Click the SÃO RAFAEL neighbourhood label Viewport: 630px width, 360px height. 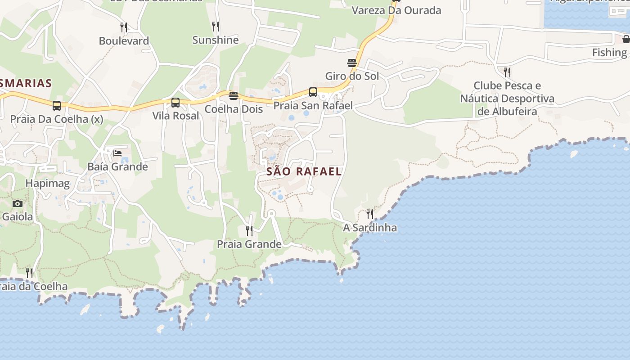click(x=304, y=171)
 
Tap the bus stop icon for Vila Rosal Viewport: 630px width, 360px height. click(x=175, y=103)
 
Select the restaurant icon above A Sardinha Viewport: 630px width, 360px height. click(x=370, y=214)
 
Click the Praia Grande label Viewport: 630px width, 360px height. click(x=249, y=244)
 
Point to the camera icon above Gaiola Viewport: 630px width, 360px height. click(x=18, y=203)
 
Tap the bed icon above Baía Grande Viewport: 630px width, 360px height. click(x=117, y=153)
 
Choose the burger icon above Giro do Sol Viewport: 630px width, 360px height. click(x=352, y=63)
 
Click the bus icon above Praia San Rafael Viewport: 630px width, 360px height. click(x=313, y=92)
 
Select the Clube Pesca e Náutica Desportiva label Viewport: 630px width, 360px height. click(x=507, y=98)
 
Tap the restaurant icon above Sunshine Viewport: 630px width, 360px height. click(x=216, y=27)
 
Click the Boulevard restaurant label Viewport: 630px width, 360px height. click(x=124, y=41)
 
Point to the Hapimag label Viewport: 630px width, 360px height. click(x=48, y=183)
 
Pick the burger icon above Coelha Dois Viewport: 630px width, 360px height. click(x=233, y=95)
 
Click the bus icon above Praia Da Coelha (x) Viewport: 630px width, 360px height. click(x=57, y=106)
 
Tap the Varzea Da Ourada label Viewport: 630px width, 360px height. click(x=396, y=10)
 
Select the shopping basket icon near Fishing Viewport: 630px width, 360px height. click(x=626, y=39)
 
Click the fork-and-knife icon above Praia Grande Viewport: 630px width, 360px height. click(x=249, y=231)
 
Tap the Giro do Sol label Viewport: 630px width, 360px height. click(x=352, y=76)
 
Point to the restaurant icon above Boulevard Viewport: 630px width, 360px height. click(x=124, y=27)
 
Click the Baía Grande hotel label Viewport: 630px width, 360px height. click(x=117, y=167)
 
